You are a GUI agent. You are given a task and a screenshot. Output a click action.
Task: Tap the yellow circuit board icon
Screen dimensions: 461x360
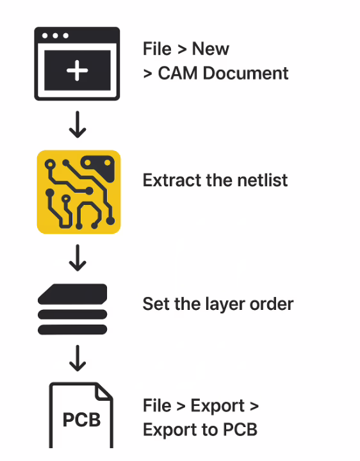pyautogui.click(x=78, y=191)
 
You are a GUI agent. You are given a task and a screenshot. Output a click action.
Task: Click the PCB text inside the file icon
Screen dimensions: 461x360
pyautogui.click(x=81, y=420)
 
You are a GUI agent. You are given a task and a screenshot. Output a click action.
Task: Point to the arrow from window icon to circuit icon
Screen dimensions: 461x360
pyautogui.click(x=78, y=124)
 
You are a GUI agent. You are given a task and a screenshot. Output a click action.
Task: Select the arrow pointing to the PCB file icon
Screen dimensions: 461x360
pyautogui.click(x=78, y=358)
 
